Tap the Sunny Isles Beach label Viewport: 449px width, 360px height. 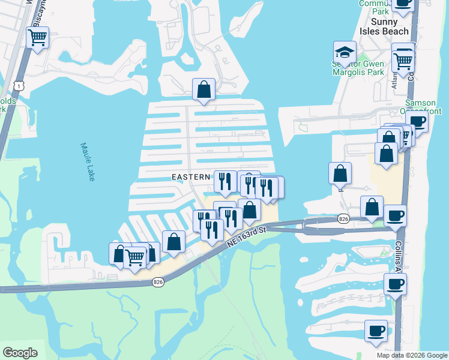(x=384, y=26)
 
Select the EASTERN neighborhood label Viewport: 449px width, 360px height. (x=191, y=177)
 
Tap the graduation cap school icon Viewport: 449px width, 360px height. (x=345, y=52)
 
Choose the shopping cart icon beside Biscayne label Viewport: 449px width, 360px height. (x=38, y=37)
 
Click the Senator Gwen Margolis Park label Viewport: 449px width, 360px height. (x=358, y=68)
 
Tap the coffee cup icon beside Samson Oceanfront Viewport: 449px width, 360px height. (x=418, y=121)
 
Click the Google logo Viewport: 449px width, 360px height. (x=20, y=353)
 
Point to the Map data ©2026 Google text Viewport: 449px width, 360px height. (x=412, y=355)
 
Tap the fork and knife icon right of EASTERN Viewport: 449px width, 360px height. (x=225, y=181)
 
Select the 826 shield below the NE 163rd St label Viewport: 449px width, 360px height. (x=158, y=282)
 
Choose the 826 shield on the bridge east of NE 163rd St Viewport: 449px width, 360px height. (x=343, y=218)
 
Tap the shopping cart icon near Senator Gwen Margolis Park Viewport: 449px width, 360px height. (x=403, y=60)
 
